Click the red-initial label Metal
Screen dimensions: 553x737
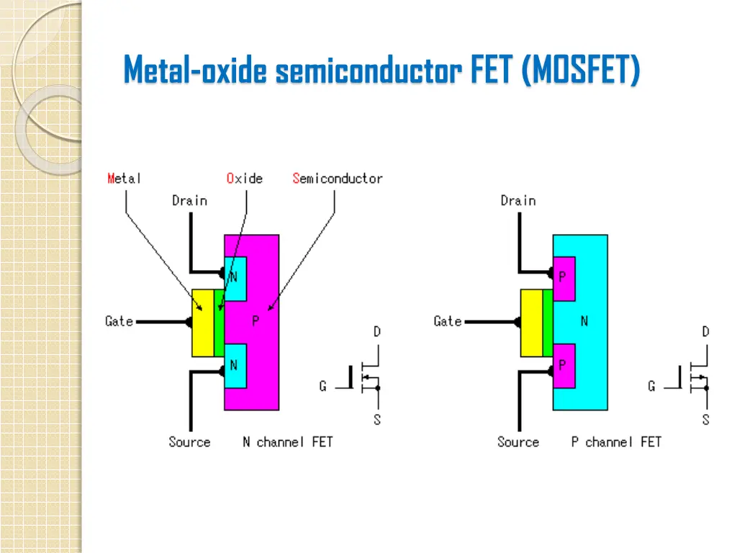pos(124,179)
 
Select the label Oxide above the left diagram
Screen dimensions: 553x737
pos(245,179)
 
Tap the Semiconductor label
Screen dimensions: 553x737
pos(338,179)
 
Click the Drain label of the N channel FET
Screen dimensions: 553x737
pos(189,201)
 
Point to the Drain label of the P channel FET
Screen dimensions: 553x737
pos(518,201)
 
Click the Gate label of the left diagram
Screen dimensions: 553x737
pos(119,321)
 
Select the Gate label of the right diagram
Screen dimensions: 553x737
pos(448,321)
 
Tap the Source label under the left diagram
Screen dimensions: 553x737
pos(189,442)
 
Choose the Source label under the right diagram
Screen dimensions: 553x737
pos(518,442)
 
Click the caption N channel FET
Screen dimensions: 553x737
pos(288,442)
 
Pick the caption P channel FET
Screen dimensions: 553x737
pos(616,442)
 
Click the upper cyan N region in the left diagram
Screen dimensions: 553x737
pos(235,279)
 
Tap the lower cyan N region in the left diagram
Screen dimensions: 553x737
pos(235,366)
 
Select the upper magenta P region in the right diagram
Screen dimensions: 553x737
pos(564,279)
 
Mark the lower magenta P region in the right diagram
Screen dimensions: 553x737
pos(564,366)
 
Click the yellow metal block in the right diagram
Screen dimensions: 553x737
pos(531,323)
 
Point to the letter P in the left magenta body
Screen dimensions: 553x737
pos(256,322)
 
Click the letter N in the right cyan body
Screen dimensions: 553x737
pos(584,322)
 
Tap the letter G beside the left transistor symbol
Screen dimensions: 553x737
pos(322,387)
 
